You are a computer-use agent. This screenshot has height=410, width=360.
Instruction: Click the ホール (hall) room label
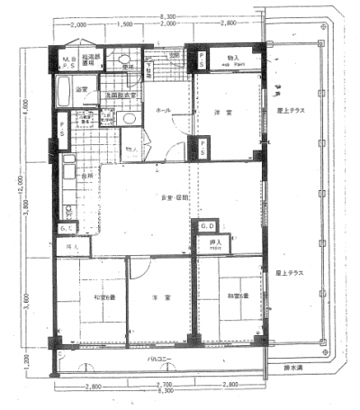(165, 109)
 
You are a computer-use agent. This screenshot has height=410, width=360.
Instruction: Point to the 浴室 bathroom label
(82, 90)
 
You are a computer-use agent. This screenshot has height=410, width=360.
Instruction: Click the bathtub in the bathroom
(65, 91)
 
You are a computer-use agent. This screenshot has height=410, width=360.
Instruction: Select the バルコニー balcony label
(160, 359)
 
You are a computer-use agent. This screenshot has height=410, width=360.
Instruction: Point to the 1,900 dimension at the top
(126, 25)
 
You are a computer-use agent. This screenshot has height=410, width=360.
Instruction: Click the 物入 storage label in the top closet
(234, 59)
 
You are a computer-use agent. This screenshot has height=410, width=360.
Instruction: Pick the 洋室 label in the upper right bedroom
(231, 111)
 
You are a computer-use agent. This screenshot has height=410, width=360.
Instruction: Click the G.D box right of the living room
(206, 225)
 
